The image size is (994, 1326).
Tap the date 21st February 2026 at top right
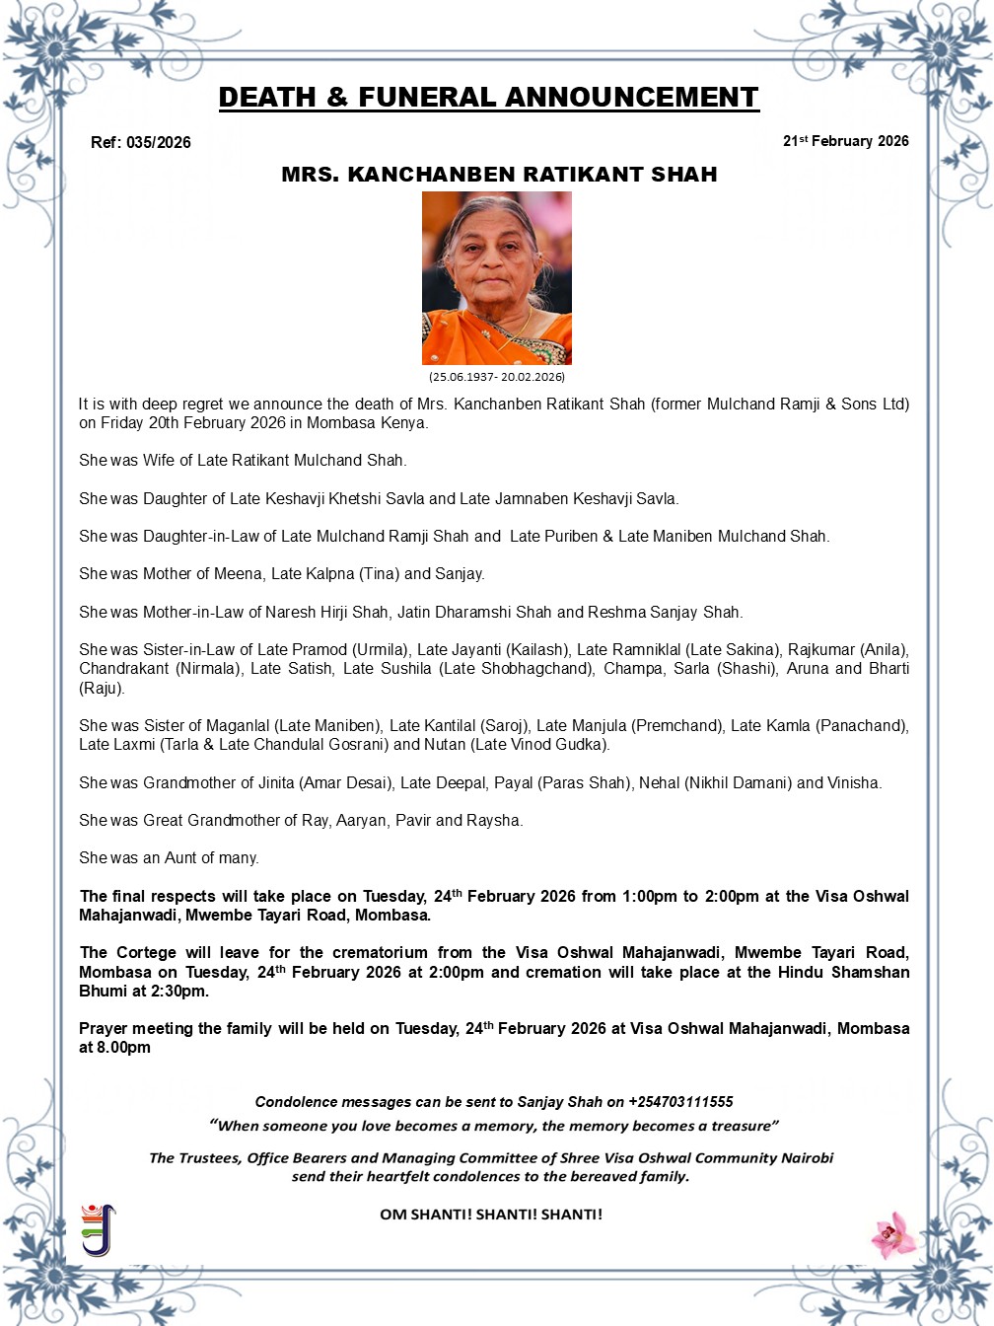(x=845, y=141)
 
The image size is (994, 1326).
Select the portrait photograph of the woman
(x=497, y=278)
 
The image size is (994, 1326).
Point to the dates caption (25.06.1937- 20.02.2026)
(x=497, y=377)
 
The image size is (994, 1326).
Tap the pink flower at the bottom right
(x=894, y=1234)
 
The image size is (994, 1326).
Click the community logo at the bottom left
(x=98, y=1229)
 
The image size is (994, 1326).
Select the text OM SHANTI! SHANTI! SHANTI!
(x=491, y=1214)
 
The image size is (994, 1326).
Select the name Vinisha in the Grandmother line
(x=854, y=782)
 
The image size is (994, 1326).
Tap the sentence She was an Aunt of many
(x=169, y=857)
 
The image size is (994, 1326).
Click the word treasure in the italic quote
(x=741, y=1126)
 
